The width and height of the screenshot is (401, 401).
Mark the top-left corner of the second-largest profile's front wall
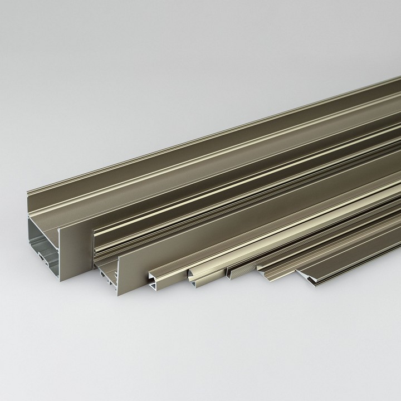point(119,257)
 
